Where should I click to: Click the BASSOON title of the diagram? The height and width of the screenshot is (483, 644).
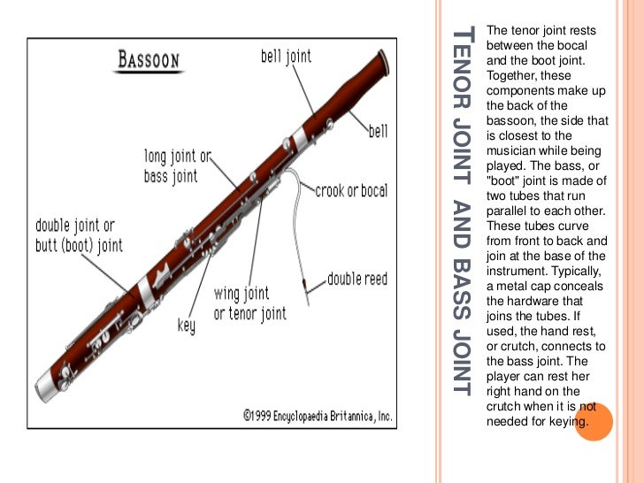pyautogui.click(x=149, y=61)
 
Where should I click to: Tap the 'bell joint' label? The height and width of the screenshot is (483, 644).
pyautogui.click(x=286, y=57)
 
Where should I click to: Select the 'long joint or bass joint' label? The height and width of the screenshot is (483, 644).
pyautogui.click(x=177, y=166)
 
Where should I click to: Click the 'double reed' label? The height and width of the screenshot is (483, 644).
pyautogui.click(x=357, y=279)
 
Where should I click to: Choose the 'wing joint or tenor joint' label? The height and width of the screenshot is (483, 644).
pyautogui.click(x=249, y=303)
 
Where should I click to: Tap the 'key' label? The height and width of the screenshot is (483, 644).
pyautogui.click(x=186, y=326)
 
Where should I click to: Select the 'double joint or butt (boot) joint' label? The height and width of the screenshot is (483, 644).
pyautogui.click(x=79, y=234)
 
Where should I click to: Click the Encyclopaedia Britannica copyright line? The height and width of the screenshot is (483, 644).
pyautogui.click(x=318, y=414)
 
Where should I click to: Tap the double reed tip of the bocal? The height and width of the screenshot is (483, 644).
pyautogui.click(x=303, y=287)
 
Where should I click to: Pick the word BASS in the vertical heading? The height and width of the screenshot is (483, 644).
pyautogui.click(x=462, y=291)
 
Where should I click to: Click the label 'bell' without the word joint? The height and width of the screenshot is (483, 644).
pyautogui.click(x=378, y=131)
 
